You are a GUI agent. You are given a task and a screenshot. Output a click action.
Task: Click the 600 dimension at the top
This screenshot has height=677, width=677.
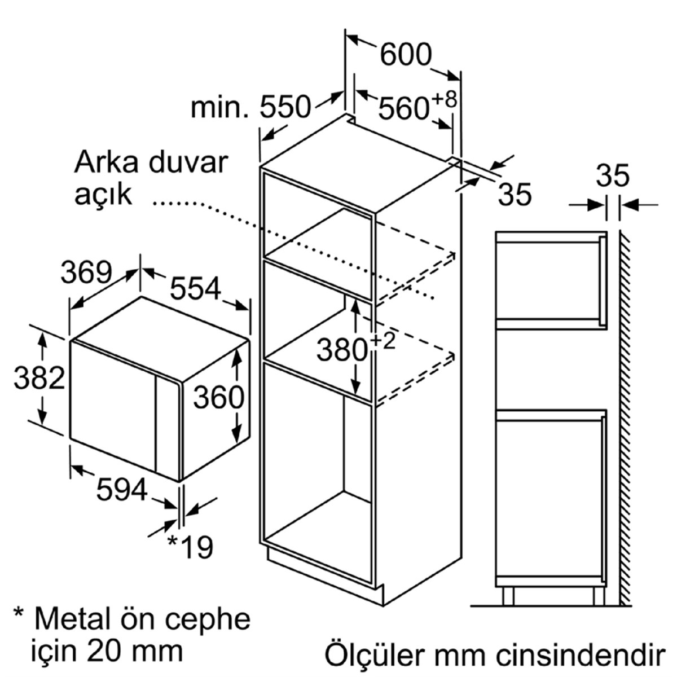tap(406, 55)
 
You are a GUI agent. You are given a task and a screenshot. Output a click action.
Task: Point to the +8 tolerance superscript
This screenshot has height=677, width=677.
tap(444, 100)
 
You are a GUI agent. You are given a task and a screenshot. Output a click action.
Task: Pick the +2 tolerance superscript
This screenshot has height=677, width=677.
tap(383, 341)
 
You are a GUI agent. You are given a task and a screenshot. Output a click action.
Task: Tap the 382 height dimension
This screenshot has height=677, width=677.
tap(39, 378)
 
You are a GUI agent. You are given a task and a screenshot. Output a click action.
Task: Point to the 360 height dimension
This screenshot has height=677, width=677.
tap(218, 397)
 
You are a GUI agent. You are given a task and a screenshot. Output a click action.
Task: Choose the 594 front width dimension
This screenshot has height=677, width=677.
tap(121, 489)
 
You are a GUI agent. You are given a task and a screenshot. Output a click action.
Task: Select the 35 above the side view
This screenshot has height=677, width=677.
tap(613, 175)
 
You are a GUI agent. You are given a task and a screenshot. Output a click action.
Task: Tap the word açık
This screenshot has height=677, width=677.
tap(103, 195)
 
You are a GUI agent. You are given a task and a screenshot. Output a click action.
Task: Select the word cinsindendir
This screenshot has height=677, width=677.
tap(582, 654)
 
